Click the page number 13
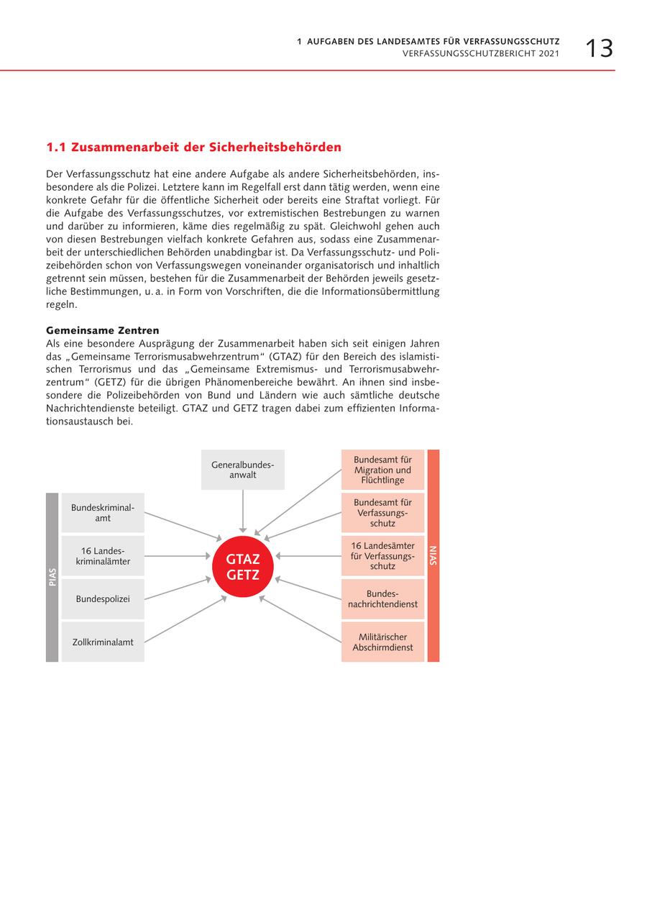click(598, 48)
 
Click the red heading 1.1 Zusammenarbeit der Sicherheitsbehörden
click(193, 147)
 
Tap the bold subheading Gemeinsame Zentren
click(102, 330)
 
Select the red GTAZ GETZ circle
click(243, 567)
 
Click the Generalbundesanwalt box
click(243, 470)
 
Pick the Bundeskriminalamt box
click(103, 513)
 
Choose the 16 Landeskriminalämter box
click(103, 556)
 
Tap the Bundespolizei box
click(103, 598)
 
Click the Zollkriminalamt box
click(103, 642)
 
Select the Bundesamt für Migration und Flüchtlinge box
click(382, 470)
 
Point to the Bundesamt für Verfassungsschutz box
click(382, 513)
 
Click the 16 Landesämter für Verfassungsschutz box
click(382, 556)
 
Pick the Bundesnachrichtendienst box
click(382, 599)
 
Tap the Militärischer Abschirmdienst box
click(382, 642)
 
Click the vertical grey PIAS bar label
click(52, 578)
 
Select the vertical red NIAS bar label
click(433, 555)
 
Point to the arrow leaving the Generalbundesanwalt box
click(243, 511)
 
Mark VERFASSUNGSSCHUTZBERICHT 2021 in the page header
click(480, 54)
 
